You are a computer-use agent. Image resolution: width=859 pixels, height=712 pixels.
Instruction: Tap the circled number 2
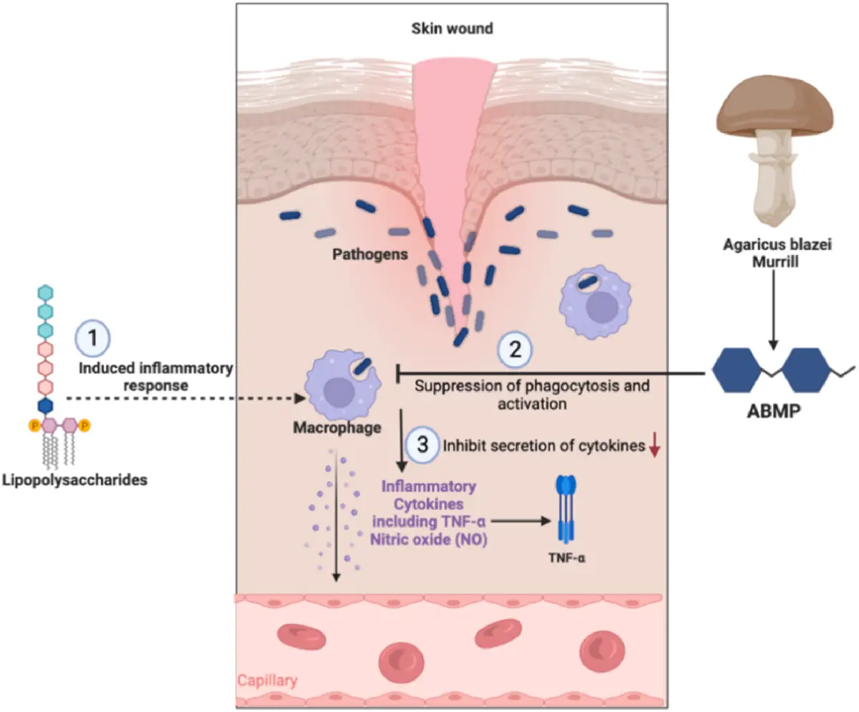515,349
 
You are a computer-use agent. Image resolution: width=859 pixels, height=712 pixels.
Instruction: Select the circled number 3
422,444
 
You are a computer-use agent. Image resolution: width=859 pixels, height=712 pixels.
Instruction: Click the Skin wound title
452,30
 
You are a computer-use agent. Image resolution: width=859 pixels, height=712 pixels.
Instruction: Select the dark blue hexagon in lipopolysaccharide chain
46,405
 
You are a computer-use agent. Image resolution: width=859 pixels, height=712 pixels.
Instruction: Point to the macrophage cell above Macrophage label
340,386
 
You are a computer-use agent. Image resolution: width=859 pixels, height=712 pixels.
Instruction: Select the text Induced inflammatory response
156,376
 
